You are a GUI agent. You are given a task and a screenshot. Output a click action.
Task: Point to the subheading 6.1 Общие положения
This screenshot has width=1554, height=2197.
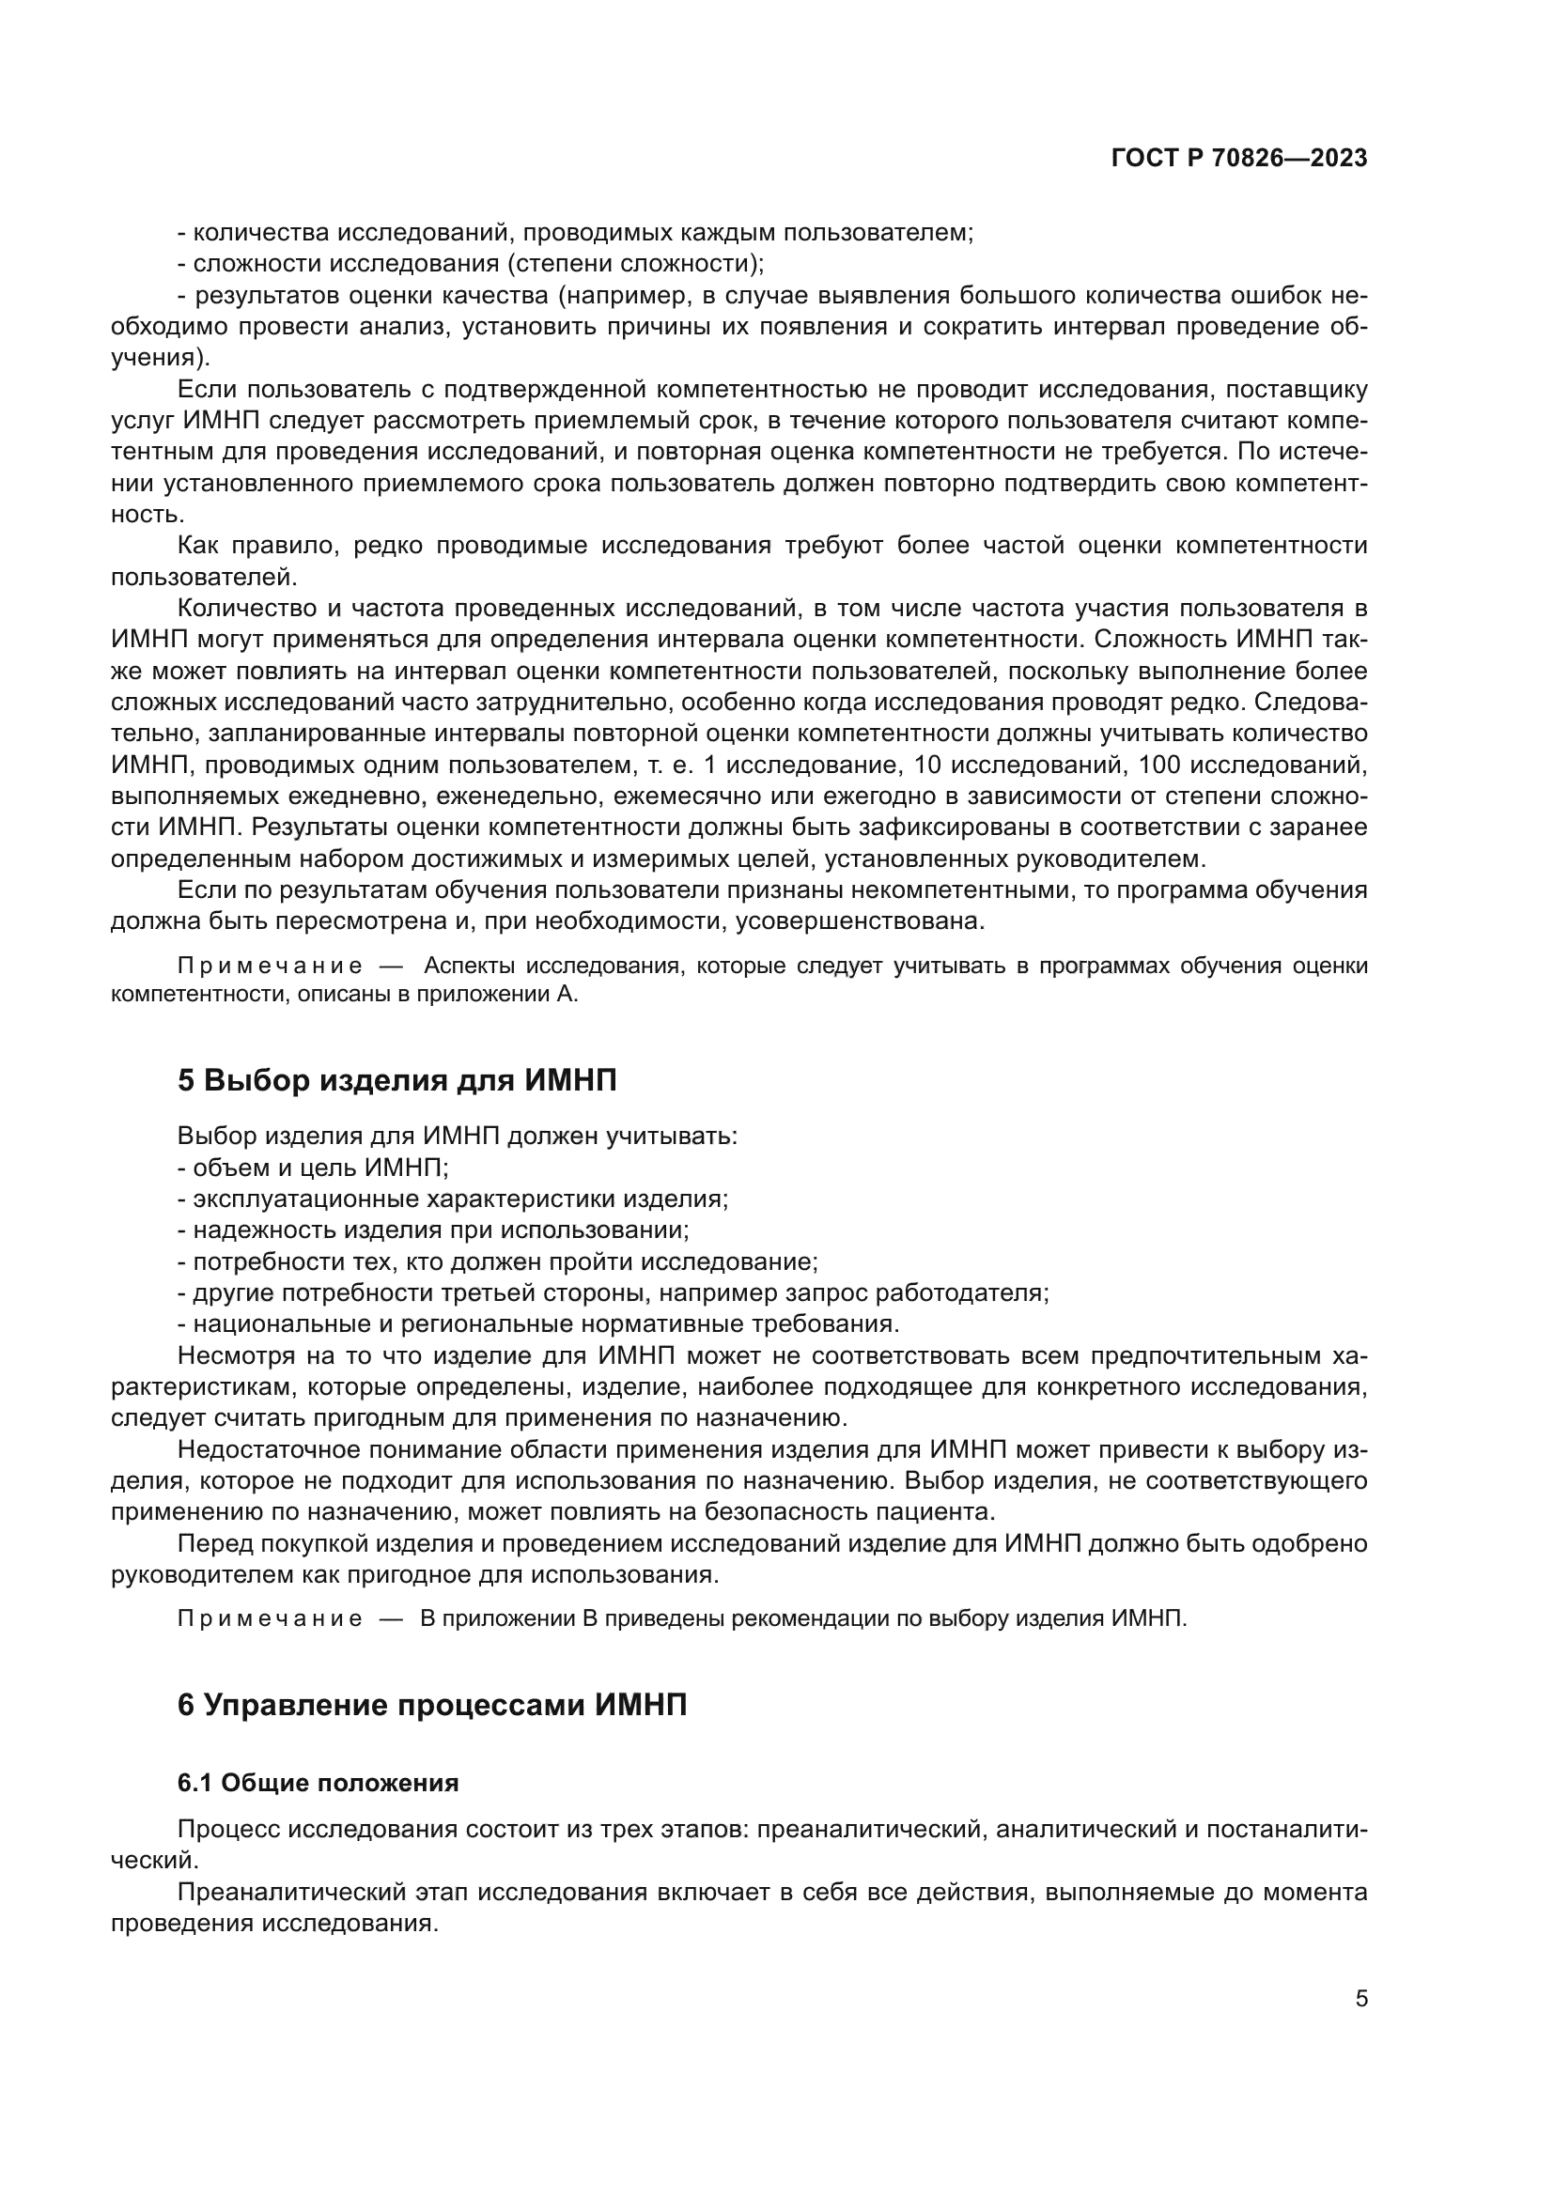pos(318,1783)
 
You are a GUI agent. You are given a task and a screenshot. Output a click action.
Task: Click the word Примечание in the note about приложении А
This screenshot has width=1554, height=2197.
pos(270,966)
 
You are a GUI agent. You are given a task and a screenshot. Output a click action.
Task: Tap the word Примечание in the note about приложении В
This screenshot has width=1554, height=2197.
pos(270,1618)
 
